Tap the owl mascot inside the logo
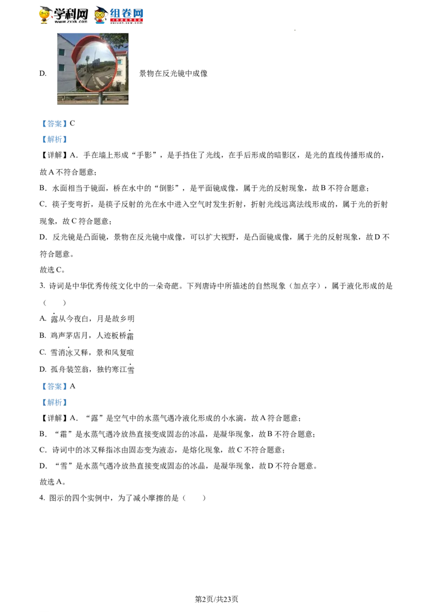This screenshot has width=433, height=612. (x=100, y=15)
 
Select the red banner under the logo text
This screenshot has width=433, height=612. (x=127, y=21)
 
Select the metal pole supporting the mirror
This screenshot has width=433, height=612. (x=100, y=98)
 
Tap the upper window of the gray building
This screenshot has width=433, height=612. (x=62, y=52)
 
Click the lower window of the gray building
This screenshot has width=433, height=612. (x=62, y=68)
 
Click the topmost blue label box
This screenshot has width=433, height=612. (x=54, y=124)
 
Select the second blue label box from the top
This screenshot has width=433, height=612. (x=54, y=141)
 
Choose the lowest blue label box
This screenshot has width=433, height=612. (x=54, y=402)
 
